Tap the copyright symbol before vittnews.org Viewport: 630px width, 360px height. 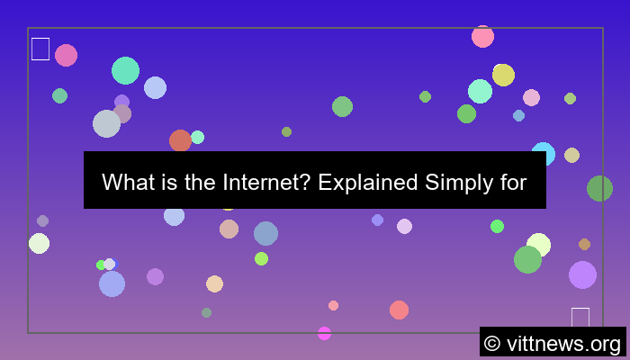491,343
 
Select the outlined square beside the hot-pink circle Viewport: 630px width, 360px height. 40,49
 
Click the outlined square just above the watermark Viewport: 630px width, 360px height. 580,318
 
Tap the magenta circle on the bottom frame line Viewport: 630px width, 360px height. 324,333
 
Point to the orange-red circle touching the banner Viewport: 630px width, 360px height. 180,140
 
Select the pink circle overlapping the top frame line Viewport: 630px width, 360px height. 482,36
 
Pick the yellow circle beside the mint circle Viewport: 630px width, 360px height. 503,75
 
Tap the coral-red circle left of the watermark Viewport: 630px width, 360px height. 399,310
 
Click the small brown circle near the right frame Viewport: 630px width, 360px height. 584,244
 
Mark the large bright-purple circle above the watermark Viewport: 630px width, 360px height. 582,274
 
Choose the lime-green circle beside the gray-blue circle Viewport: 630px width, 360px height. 261,258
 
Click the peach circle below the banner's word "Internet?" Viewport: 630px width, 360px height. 229,229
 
